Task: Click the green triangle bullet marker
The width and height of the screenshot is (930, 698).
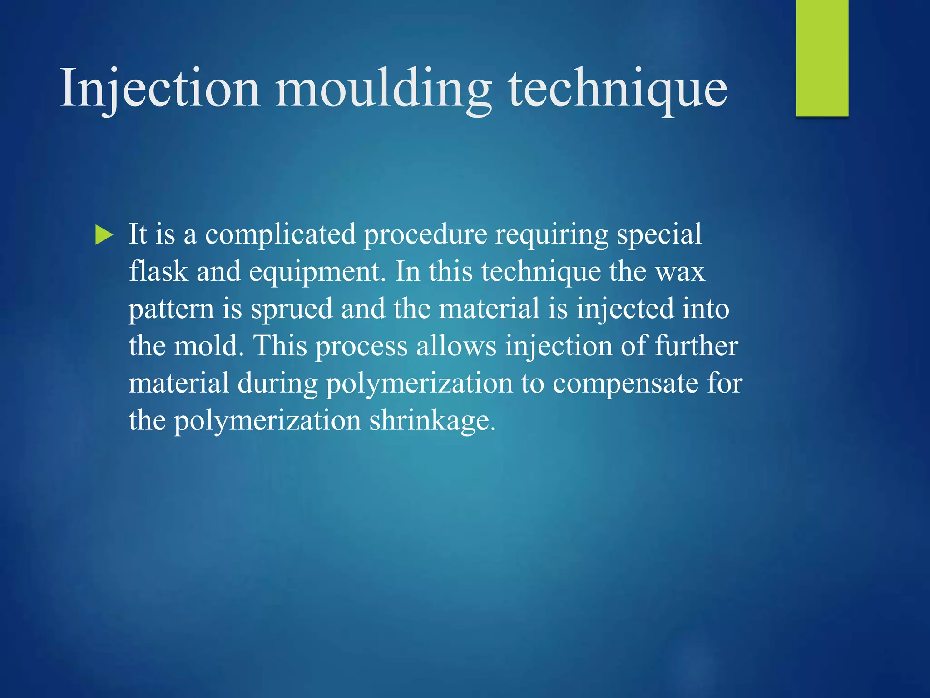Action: [x=104, y=235]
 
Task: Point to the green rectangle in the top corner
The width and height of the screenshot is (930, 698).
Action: [x=822, y=58]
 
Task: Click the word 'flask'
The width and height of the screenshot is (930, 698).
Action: [x=158, y=271]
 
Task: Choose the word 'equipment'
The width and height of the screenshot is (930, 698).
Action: [x=315, y=272]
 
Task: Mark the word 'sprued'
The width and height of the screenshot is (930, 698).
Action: [x=292, y=309]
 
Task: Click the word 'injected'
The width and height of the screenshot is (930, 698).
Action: [x=625, y=309]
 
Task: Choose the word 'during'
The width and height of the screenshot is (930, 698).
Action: [x=277, y=383]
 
